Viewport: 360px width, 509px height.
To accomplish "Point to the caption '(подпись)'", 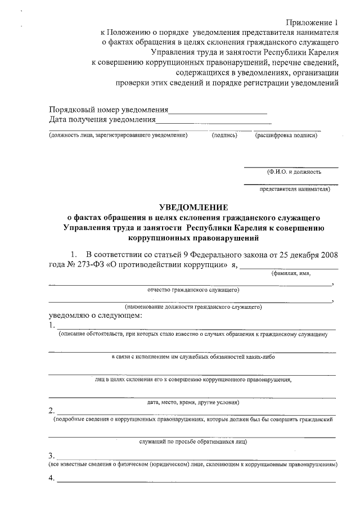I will tap(224, 136).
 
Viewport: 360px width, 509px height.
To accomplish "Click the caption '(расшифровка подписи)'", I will tap(286, 136).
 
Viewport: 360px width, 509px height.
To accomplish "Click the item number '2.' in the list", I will tap(52, 409).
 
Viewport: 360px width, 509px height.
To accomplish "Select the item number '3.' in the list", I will tap(52, 456).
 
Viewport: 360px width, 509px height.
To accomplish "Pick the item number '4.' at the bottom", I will tap(52, 479).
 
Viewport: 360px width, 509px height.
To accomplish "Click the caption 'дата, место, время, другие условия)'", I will tap(193, 402).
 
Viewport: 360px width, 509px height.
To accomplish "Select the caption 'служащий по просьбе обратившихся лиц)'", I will tap(193, 442).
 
